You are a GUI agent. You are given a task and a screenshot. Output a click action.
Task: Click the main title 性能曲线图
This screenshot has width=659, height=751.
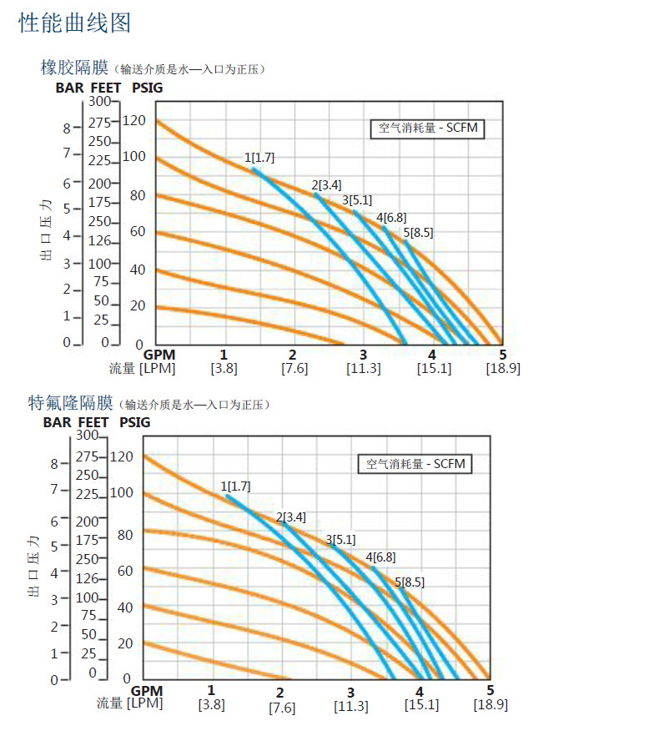pyautogui.click(x=75, y=23)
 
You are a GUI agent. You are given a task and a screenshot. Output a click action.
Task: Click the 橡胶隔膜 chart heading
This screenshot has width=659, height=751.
pyautogui.click(x=76, y=68)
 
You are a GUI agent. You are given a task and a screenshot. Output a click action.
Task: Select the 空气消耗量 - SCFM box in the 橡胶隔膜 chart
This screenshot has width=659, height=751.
pyautogui.click(x=427, y=129)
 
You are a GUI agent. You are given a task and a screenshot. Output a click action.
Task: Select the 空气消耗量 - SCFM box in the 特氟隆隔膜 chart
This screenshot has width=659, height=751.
pyautogui.click(x=415, y=464)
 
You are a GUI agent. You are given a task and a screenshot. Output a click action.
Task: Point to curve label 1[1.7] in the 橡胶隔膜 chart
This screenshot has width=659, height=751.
pyautogui.click(x=259, y=157)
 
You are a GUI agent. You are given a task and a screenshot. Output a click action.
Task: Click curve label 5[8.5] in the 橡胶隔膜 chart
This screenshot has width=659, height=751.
pyautogui.click(x=418, y=233)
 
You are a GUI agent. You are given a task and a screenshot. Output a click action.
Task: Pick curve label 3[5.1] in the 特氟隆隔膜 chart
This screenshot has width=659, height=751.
pyautogui.click(x=340, y=539)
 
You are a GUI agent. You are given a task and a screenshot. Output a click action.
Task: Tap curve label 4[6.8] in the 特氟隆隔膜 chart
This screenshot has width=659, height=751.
pyautogui.click(x=380, y=557)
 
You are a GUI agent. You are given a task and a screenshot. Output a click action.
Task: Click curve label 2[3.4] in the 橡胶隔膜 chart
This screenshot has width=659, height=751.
pyautogui.click(x=326, y=184)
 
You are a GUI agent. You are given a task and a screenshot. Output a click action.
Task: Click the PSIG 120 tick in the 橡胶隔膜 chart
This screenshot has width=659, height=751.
pyautogui.click(x=133, y=121)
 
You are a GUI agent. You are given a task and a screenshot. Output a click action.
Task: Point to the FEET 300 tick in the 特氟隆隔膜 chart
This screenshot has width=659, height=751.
pyautogui.click(x=87, y=435)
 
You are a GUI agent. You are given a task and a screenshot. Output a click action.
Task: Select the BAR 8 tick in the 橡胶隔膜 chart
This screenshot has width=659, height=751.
pyautogui.click(x=67, y=129)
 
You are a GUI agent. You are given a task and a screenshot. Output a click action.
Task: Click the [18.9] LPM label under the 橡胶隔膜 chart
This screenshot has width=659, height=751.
pyautogui.click(x=503, y=369)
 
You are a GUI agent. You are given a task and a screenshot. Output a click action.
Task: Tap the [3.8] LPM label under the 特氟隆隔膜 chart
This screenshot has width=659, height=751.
pyautogui.click(x=212, y=704)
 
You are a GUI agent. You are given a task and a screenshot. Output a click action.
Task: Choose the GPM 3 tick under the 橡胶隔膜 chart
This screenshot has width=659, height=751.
pyautogui.click(x=363, y=355)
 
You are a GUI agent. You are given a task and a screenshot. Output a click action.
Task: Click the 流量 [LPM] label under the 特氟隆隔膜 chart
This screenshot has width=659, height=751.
pyautogui.click(x=129, y=703)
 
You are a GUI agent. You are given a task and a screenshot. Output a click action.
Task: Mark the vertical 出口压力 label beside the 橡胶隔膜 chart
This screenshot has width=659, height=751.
pyautogui.click(x=47, y=229)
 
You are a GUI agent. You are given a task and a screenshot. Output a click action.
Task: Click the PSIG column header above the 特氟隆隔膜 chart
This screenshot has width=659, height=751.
pyautogui.click(x=135, y=422)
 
